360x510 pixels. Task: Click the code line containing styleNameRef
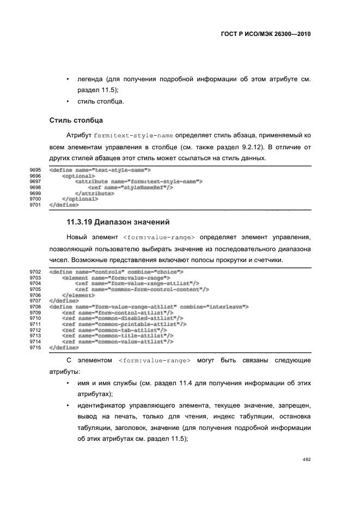tap(131, 187)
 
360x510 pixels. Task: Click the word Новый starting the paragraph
tap(77, 238)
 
